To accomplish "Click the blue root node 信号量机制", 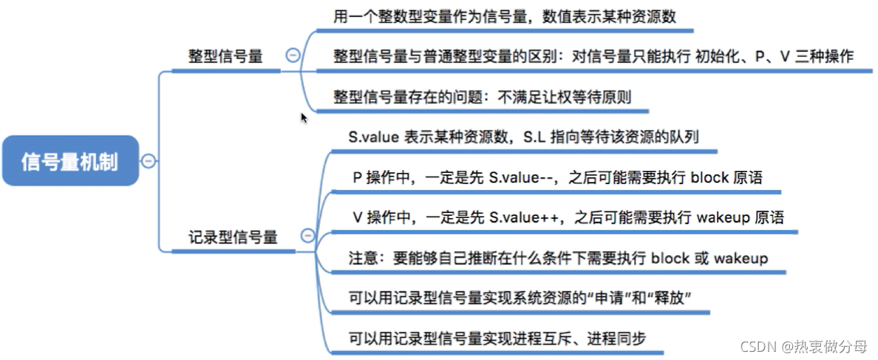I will [70, 160].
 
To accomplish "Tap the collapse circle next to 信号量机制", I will [149, 160].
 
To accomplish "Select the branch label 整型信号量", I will [225, 56].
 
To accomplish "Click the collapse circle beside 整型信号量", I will [293, 55].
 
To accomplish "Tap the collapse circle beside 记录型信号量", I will [307, 237].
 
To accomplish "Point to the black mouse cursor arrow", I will [303, 117].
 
